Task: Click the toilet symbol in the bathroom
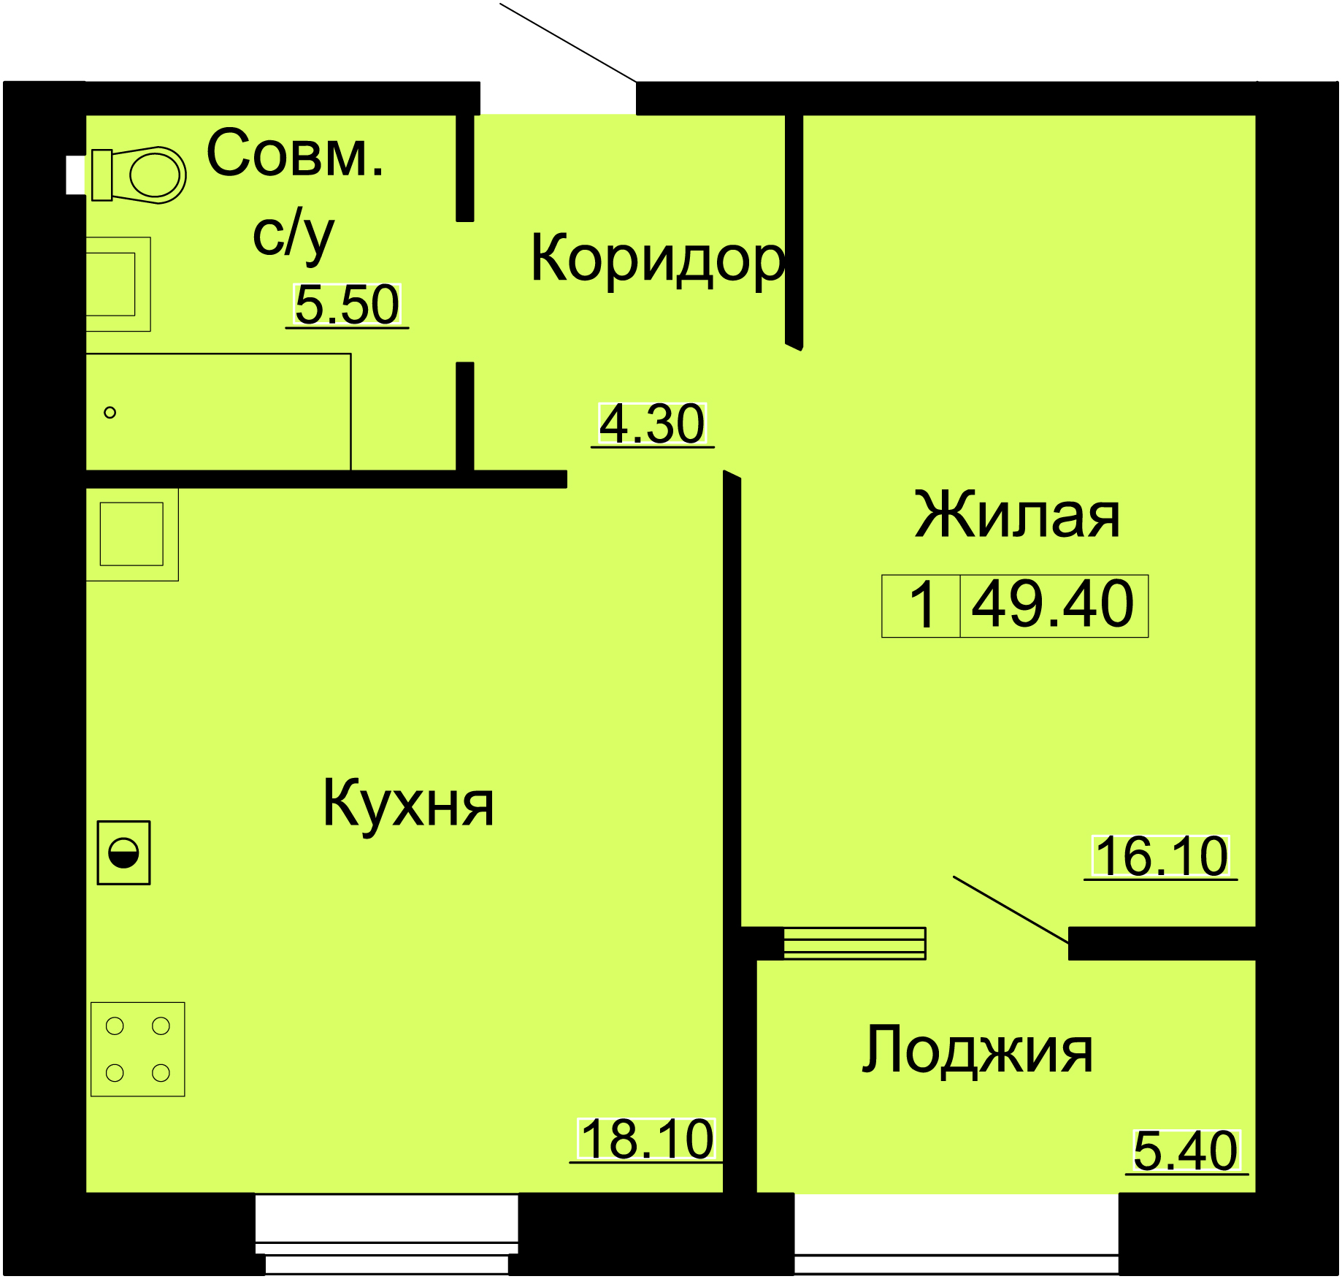[139, 175]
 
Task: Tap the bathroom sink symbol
[118, 284]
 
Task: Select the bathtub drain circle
[110, 413]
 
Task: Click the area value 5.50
[348, 305]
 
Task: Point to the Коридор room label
[658, 259]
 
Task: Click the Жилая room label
[1017, 516]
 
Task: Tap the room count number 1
[923, 605]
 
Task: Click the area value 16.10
[1162, 857]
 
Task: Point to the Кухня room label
[408, 804]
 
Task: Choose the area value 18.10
[647, 1139]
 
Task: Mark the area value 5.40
[1186, 1151]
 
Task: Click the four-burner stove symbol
[138, 1050]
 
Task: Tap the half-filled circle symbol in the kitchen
[124, 853]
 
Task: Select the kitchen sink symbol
[132, 534]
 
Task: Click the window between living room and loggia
[854, 943]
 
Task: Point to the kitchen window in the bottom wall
[387, 1234]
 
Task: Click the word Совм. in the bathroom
[295, 153]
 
